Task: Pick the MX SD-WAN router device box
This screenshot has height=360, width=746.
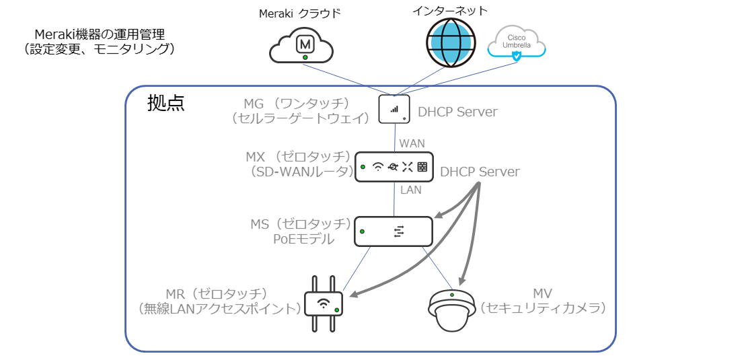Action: (x=394, y=167)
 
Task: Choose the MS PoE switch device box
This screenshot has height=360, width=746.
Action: (x=394, y=231)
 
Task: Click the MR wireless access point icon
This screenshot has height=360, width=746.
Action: (x=324, y=303)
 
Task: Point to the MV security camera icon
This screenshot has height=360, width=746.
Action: (x=453, y=311)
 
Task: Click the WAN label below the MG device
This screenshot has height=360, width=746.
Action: (x=411, y=143)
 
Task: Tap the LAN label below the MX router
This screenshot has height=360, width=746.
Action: (x=410, y=190)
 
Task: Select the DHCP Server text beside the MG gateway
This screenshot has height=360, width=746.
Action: (x=457, y=112)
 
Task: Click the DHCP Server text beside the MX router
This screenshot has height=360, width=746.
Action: (x=480, y=172)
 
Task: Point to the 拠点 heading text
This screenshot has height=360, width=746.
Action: (x=165, y=104)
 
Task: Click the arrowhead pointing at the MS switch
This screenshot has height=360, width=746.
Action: (x=439, y=216)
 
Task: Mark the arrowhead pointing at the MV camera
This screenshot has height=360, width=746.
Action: (x=461, y=282)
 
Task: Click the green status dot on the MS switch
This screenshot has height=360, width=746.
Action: (x=363, y=231)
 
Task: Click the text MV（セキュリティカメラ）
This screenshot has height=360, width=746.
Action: (x=543, y=301)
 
